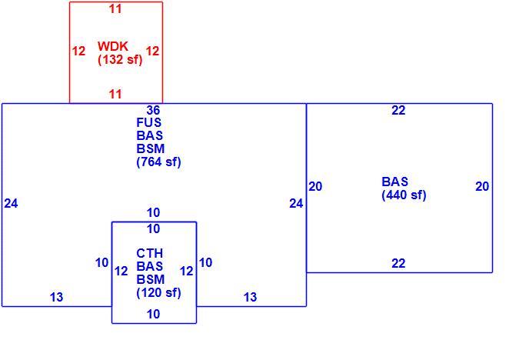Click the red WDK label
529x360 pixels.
[113, 46]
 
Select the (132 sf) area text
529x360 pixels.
[120, 59]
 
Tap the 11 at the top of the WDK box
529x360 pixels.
[115, 8]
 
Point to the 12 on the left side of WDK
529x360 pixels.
[78, 52]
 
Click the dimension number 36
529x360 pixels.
[153, 110]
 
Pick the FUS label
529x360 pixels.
[149, 122]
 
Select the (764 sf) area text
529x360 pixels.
[158, 162]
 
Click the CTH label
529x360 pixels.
[149, 253]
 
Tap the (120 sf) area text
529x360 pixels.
[158, 292]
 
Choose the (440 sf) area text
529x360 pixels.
[404, 195]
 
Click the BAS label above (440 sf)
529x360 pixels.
[394, 182]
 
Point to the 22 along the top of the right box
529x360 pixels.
[398, 110]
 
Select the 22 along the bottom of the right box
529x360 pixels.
[398, 263]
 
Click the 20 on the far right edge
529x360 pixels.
[482, 186]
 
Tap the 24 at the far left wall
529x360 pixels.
[11, 203]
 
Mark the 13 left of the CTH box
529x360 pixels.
[56, 297]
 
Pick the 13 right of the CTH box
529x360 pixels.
[250, 297]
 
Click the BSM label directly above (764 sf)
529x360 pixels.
[151, 148]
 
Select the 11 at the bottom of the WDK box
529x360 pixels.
[115, 94]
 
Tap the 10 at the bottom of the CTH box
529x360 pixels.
[153, 314]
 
